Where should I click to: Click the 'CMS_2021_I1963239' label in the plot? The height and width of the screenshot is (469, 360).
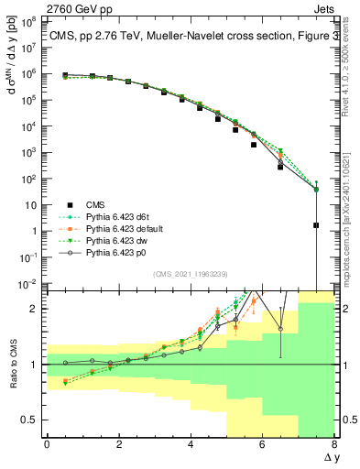click(x=190, y=273)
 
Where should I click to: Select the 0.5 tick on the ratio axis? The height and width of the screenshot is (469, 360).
click(x=32, y=420)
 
